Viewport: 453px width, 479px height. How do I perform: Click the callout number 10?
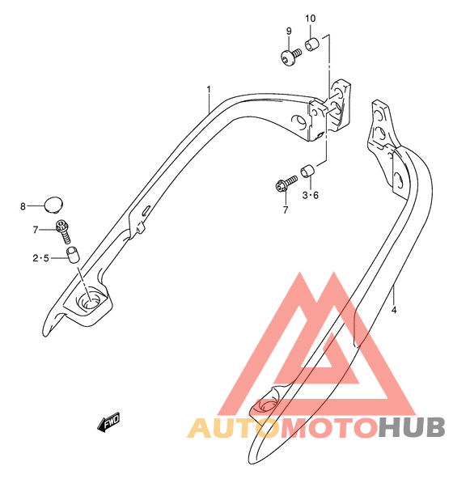[311, 19]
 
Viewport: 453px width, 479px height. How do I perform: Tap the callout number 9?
[289, 32]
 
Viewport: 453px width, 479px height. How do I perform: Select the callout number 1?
[209, 90]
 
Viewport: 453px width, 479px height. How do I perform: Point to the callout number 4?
[394, 310]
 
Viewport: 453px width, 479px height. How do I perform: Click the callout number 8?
[23, 206]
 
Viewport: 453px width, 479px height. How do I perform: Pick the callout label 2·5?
[41, 258]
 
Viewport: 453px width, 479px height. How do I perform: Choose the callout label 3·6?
[311, 195]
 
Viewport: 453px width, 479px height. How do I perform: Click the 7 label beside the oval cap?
[36, 230]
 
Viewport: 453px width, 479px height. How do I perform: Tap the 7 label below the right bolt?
[286, 210]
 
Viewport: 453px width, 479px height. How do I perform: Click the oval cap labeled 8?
[53, 205]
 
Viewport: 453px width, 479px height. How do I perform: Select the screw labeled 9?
[291, 57]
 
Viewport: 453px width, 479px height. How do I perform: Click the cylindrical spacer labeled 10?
[312, 45]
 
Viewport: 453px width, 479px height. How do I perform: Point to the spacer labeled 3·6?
[308, 171]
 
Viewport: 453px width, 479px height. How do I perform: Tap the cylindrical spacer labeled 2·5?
[73, 255]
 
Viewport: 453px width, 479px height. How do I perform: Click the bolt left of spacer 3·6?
[286, 184]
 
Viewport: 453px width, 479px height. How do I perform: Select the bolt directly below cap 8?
[64, 231]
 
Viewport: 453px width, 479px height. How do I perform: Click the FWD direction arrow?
[108, 422]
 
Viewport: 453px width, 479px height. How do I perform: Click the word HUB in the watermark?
[412, 428]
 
